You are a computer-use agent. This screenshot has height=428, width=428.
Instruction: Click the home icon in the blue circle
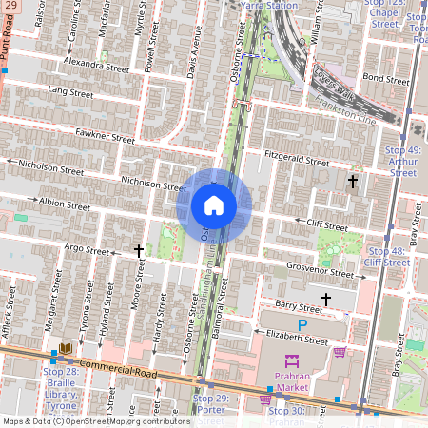(x=214, y=205)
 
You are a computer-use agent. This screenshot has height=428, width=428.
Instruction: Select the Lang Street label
(x=70, y=92)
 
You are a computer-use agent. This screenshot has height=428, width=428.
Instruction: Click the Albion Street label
(x=64, y=204)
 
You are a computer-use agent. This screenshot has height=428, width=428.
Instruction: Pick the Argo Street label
(x=87, y=248)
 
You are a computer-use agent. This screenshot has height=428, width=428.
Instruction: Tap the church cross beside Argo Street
(x=139, y=251)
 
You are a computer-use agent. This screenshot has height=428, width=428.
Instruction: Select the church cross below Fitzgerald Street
(x=352, y=180)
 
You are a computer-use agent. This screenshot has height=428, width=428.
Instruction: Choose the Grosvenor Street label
(x=321, y=273)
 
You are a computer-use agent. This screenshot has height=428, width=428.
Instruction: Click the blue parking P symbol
(x=302, y=326)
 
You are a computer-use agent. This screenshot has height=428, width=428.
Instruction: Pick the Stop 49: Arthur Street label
(x=403, y=161)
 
